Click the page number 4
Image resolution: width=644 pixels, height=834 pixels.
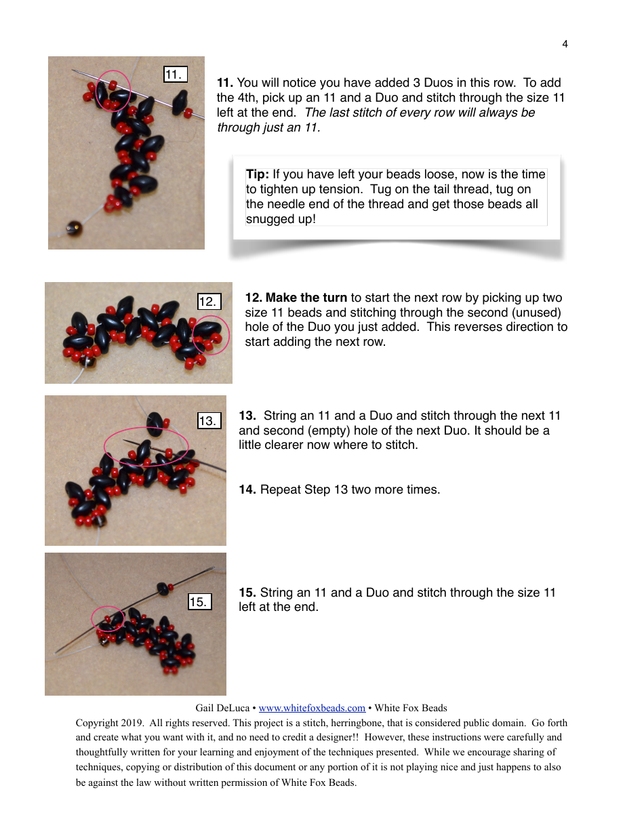coord(565,45)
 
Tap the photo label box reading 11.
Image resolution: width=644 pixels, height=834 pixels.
coord(175,75)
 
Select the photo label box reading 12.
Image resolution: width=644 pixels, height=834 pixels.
coord(209,302)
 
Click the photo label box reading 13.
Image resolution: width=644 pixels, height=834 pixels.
coord(209,421)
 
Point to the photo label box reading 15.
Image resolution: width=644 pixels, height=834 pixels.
coord(199,601)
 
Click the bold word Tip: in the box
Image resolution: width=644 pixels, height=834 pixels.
coord(258,175)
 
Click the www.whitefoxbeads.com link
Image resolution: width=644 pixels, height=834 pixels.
coord(312,708)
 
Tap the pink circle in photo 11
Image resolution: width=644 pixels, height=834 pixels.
coord(113,90)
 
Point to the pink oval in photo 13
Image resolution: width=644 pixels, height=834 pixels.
coord(146,446)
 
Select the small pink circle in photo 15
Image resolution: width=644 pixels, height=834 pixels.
coord(108,618)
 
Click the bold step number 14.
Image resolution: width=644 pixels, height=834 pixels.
coord(247,490)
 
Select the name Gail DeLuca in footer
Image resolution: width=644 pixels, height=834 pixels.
coord(222,708)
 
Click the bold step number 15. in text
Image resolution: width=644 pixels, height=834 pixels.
coord(247,593)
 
